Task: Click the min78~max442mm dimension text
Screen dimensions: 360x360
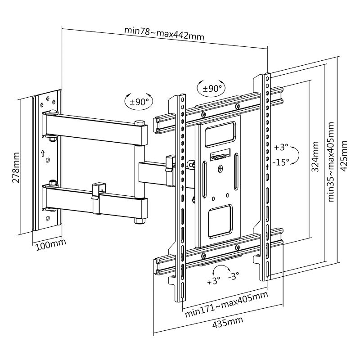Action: [x=164, y=34]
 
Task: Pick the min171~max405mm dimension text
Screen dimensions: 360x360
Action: [x=226, y=304]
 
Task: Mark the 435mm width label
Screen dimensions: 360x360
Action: [x=228, y=323]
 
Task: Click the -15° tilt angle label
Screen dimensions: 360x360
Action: [x=281, y=162]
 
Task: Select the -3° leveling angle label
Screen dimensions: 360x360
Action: [x=234, y=276]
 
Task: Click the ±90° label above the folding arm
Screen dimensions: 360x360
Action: [x=139, y=102]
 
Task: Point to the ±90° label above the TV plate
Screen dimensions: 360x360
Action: [x=211, y=88]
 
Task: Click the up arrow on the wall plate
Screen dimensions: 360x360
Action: [x=43, y=153]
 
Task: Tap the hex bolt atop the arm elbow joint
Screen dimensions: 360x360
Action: [x=139, y=122]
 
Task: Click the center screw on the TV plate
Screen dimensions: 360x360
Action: [x=220, y=170]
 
